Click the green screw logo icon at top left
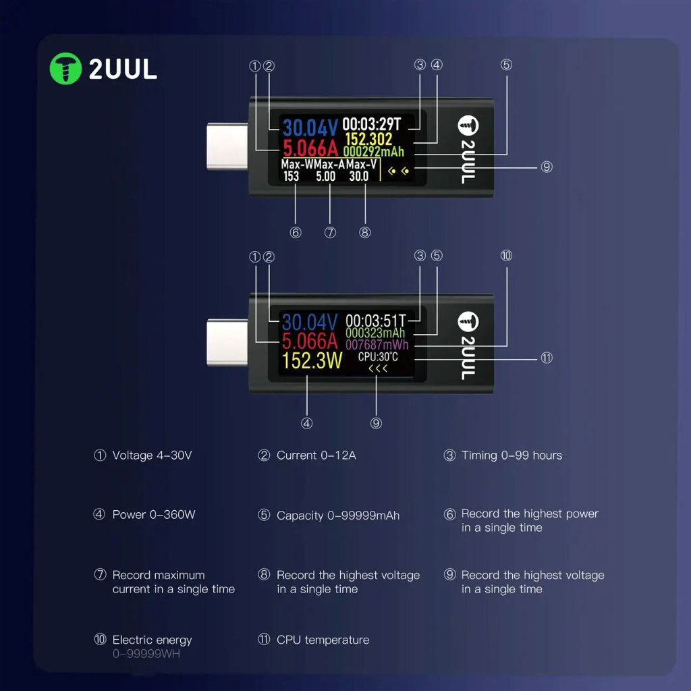click(x=65, y=69)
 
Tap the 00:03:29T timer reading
click(x=372, y=124)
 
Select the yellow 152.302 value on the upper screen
click(x=368, y=139)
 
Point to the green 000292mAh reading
click(x=374, y=152)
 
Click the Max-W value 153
click(x=291, y=176)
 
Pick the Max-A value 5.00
click(x=326, y=176)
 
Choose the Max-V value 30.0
click(x=359, y=176)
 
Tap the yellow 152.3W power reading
click(x=312, y=360)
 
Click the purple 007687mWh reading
click(x=377, y=345)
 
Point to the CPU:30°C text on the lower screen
click(x=378, y=356)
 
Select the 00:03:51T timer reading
click(x=375, y=321)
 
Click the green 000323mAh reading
click(x=375, y=333)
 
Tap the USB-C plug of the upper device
click(x=227, y=146)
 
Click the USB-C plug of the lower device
click(x=227, y=342)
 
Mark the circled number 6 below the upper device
click(x=296, y=232)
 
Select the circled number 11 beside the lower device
click(x=547, y=358)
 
